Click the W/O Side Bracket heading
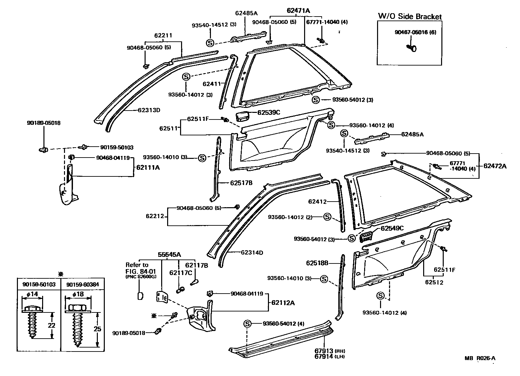pos(410,17)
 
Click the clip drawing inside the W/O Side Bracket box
pos(411,48)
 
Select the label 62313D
pos(149,110)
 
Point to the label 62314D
pos(252,253)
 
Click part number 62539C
pos(269,113)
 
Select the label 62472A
pos(495,166)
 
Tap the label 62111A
pos(148,168)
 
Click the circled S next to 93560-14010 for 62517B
pos(202,158)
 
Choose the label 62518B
pos(317,263)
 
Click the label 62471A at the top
pos(298,11)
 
